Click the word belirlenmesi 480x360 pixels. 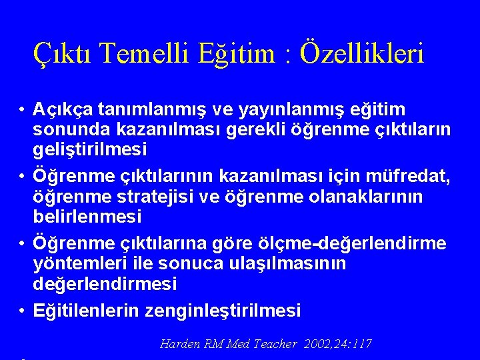tap(87, 217)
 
